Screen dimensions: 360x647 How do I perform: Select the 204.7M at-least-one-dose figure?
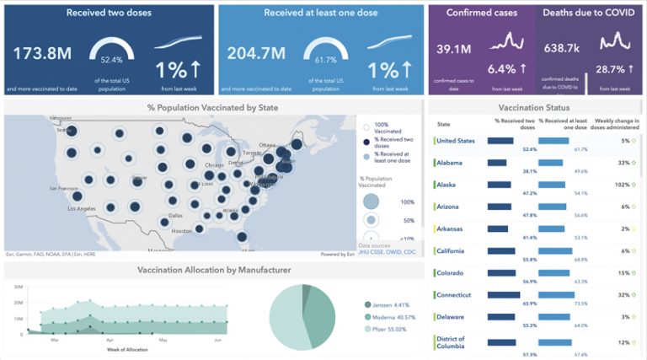[x=256, y=55]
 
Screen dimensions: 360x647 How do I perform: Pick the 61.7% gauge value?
[x=325, y=60]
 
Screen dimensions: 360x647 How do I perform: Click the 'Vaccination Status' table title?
[x=533, y=107]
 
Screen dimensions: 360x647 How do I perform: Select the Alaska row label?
[x=448, y=185]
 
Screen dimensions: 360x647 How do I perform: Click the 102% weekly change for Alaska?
[x=622, y=185]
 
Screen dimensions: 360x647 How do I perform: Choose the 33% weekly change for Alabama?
[x=623, y=163]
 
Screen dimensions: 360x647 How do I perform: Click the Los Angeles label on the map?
[x=64, y=208]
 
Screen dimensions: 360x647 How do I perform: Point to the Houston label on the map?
[x=182, y=230]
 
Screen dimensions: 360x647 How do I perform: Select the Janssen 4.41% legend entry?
[x=390, y=304]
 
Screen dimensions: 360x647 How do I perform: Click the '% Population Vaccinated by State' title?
[x=212, y=107]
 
